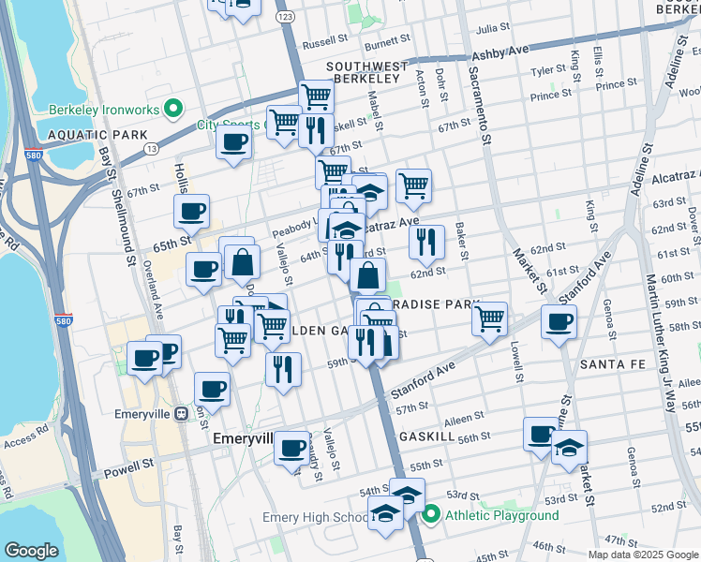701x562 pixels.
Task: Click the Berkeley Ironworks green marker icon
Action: [172, 110]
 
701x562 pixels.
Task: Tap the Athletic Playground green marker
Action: [431, 514]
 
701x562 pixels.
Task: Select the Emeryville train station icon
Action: [182, 413]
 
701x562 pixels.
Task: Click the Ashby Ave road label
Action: [500, 54]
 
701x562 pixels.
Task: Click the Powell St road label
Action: [128, 466]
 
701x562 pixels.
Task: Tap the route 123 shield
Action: [285, 17]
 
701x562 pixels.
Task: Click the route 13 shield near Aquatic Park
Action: [151, 148]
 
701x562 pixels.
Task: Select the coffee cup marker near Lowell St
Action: [559, 323]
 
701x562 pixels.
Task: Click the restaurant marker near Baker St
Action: [427, 242]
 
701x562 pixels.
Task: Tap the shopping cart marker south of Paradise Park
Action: [490, 319]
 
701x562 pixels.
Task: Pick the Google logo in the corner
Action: [31, 551]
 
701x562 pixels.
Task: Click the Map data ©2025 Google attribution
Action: [643, 555]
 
